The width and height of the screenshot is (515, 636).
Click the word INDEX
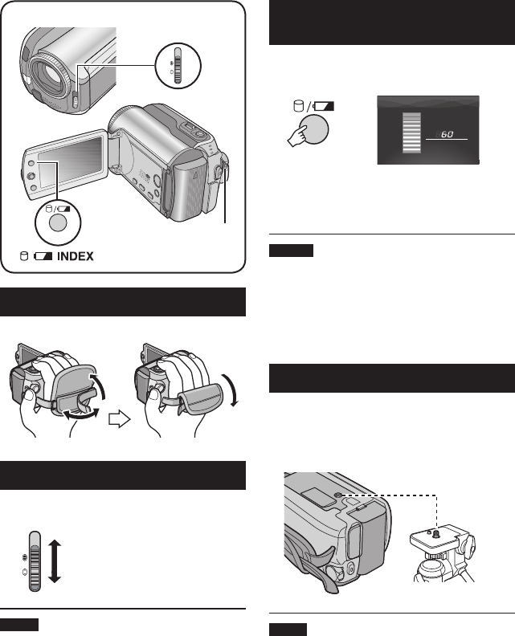pos(74,257)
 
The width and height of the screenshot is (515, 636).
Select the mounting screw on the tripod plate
pos(435,532)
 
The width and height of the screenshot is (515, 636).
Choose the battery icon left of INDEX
pos(43,257)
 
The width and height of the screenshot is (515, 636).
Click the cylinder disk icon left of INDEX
pos(22,257)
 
